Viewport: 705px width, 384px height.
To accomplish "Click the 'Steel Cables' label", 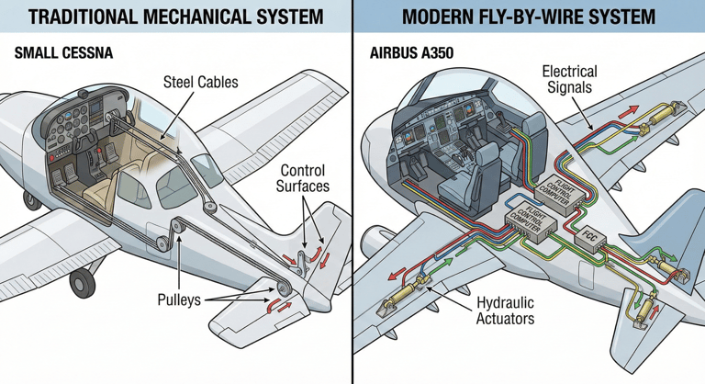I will [200, 82].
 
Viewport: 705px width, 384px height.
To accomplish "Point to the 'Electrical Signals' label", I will [569, 81].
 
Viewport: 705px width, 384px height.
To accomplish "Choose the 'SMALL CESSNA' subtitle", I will [64, 52].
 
